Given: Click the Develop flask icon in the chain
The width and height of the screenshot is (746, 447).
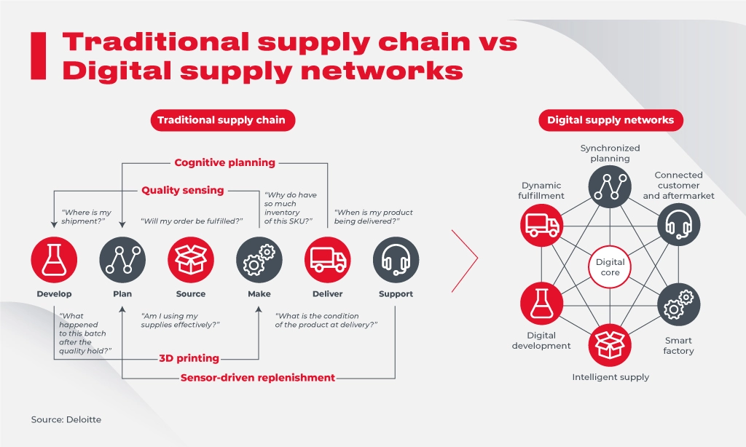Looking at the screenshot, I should click(54, 260).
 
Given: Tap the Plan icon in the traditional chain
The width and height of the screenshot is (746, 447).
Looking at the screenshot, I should click(122, 260).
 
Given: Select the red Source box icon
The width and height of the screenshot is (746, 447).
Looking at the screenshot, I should click(191, 260).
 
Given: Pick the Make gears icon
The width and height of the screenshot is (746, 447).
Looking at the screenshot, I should click(259, 260).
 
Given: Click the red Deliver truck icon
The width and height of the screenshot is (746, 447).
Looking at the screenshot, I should click(327, 260).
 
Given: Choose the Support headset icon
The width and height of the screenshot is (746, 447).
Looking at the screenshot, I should click(396, 260).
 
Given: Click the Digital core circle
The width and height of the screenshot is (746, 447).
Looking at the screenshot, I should click(610, 267).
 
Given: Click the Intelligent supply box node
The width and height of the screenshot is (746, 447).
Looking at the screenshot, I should click(610, 344).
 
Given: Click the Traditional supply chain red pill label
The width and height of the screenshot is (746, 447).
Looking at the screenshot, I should click(223, 120).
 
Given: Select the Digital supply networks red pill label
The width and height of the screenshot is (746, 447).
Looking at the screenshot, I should click(610, 120).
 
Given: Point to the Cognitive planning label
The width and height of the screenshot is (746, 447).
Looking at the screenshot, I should click(224, 162).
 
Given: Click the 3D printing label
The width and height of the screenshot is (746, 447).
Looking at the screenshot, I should click(189, 358).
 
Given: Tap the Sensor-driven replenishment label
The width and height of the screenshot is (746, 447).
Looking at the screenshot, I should click(258, 378).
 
